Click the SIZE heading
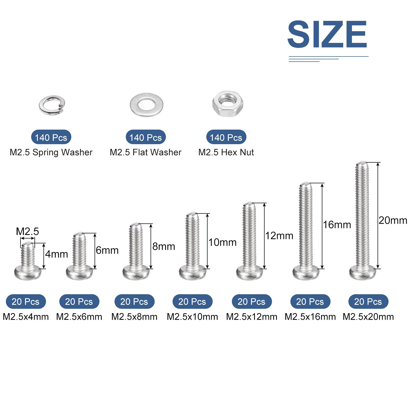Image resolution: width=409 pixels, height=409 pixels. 327,34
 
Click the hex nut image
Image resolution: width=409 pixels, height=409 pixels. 228,104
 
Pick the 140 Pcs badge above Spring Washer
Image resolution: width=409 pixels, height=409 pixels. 51,137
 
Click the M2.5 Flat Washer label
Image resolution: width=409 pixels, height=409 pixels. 145,152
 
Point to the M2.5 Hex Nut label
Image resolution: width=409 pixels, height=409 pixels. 226,152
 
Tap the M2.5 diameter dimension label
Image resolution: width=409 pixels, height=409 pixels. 27,231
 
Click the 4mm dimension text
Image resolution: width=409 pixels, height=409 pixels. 56,254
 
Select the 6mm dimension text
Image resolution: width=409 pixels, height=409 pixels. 107,250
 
